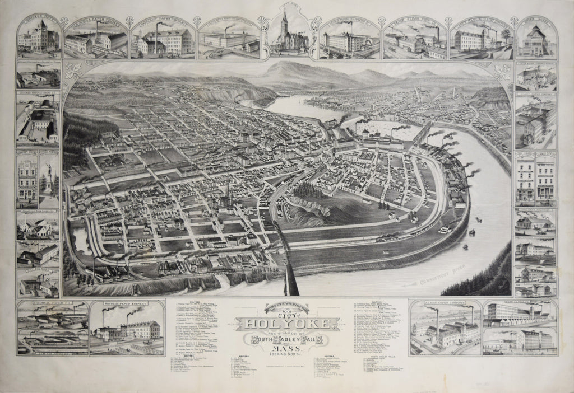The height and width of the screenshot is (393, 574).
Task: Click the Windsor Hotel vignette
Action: point(38,37)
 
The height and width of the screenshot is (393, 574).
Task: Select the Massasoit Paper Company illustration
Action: point(163,38)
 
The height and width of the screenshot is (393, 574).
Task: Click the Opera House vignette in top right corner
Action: point(536,38)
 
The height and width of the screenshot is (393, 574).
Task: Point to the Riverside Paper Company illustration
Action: point(126,327)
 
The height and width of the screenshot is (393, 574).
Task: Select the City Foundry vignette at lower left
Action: point(38,283)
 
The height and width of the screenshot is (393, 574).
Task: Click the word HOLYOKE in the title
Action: point(287,324)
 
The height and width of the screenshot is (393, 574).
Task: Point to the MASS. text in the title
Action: point(286,348)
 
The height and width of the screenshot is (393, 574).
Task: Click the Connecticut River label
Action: point(432,280)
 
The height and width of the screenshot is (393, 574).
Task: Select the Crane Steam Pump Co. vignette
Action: point(415,39)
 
